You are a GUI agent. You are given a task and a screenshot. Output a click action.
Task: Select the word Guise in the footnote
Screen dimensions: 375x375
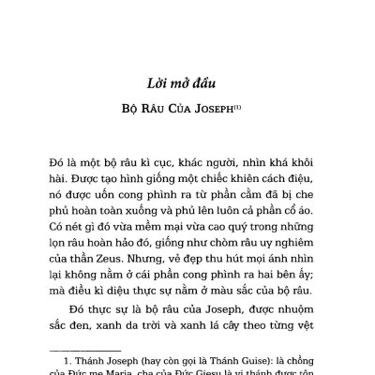[232, 354]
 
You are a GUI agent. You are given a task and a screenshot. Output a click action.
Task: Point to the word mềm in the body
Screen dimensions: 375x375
[146, 200]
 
